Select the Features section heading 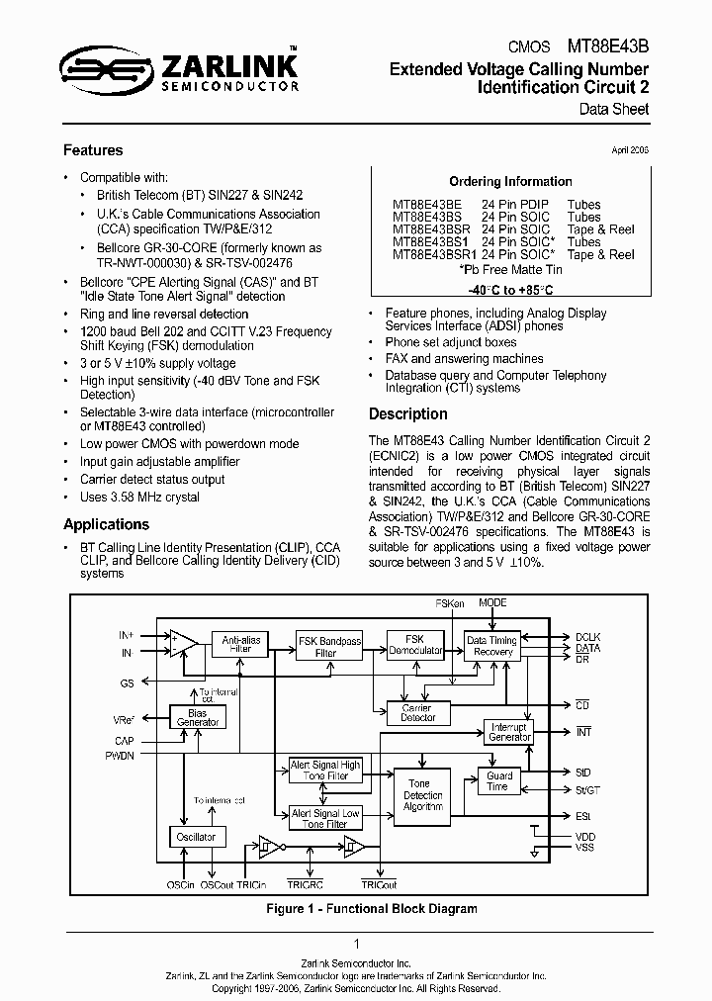93,150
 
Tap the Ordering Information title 510,181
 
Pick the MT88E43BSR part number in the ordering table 431,229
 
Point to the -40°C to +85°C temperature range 510,291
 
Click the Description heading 408,414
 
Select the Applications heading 106,524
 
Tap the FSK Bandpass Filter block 325,647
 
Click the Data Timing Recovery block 492,646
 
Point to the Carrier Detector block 418,712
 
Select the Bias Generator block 198,717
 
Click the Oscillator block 196,837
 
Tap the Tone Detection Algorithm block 423,795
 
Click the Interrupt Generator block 510,732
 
